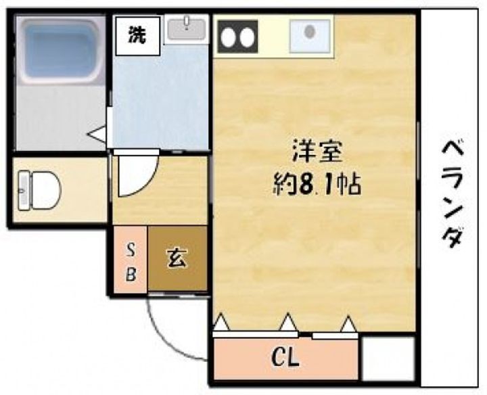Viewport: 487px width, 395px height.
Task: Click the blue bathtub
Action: point(62,49)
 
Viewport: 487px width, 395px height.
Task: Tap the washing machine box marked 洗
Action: point(137,36)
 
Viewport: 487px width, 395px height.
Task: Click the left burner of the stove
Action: point(229,37)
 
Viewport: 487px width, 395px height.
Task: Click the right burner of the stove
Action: point(248,37)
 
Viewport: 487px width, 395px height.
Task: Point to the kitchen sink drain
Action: point(310,31)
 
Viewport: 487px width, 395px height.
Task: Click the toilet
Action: point(39,190)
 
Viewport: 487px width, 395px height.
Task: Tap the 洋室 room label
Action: point(317,152)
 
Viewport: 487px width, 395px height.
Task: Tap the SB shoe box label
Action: point(131,262)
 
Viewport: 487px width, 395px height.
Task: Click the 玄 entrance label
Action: point(177,258)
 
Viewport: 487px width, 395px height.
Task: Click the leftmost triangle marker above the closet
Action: point(222,323)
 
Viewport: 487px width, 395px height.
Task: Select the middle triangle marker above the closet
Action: point(289,322)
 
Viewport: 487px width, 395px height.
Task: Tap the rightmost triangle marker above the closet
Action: point(349,324)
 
